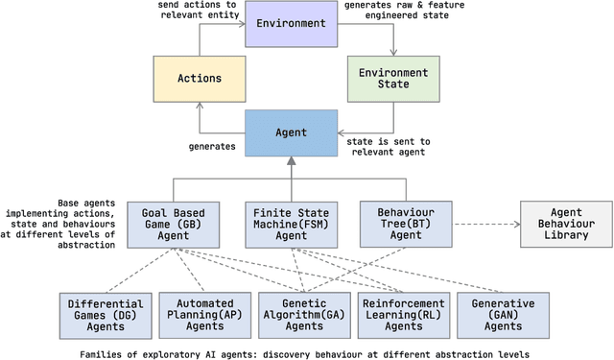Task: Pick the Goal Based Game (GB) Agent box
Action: point(179,224)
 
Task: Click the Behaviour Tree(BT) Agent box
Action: point(399,224)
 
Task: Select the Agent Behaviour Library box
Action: point(565,224)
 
